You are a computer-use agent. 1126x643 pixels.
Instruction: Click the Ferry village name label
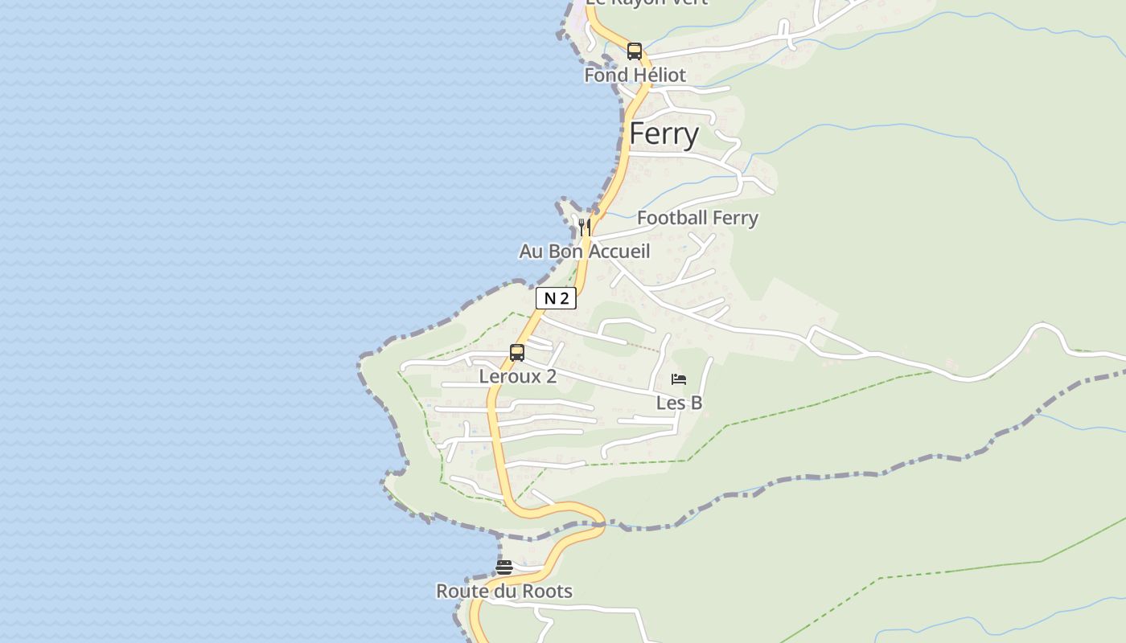pos(664,133)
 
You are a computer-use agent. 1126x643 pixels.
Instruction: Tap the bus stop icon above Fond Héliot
pos(635,51)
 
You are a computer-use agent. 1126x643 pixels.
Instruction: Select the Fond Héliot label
pos(635,75)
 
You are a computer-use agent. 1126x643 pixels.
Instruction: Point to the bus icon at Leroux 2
pos(517,352)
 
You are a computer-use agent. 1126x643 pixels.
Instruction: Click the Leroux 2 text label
pos(517,376)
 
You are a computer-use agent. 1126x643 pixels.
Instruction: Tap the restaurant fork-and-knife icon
pos(585,227)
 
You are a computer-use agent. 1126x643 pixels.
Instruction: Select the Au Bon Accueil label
pos(584,251)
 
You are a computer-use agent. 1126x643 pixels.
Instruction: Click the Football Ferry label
pos(697,218)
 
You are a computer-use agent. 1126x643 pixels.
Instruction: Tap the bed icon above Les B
pos(679,379)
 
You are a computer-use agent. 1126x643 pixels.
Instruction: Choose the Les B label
pos(679,403)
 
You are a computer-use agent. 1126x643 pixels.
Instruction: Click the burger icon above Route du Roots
pos(504,567)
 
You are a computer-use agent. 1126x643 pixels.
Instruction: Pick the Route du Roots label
pos(504,592)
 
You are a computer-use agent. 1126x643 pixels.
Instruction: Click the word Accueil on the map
pos(620,251)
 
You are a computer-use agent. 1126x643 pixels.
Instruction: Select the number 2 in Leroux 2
pos(551,376)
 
